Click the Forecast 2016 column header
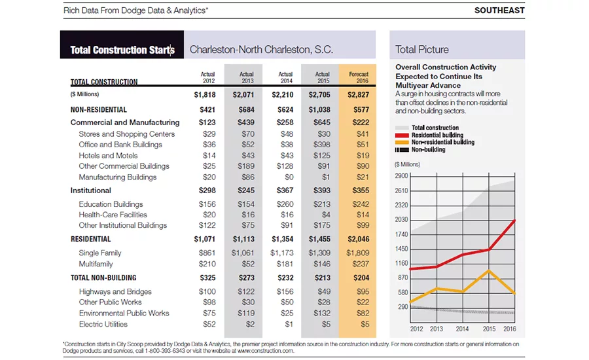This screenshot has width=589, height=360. click(359, 77)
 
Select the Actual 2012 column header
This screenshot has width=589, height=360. click(207, 77)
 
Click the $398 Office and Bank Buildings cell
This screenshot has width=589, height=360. click(322, 145)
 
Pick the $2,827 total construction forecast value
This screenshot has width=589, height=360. click(358, 95)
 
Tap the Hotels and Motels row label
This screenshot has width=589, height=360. click(108, 156)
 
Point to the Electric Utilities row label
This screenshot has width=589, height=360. click(103, 324)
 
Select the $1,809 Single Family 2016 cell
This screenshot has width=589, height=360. click(357, 253)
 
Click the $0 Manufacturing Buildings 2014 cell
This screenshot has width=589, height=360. click(289, 177)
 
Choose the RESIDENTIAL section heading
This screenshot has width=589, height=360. click(90, 239)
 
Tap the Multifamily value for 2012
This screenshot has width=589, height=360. click(207, 264)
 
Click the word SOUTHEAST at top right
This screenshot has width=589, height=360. click(499, 10)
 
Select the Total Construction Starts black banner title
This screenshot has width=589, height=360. click(122, 50)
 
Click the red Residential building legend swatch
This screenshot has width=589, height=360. click(402, 135)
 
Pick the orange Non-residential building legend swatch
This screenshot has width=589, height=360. click(402, 143)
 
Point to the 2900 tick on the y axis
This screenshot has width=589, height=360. click(401, 176)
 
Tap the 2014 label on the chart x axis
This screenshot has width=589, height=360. click(462, 329)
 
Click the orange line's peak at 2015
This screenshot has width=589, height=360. click(489, 270)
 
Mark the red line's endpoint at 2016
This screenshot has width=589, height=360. click(514, 221)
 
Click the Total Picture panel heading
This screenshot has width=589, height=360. click(422, 50)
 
